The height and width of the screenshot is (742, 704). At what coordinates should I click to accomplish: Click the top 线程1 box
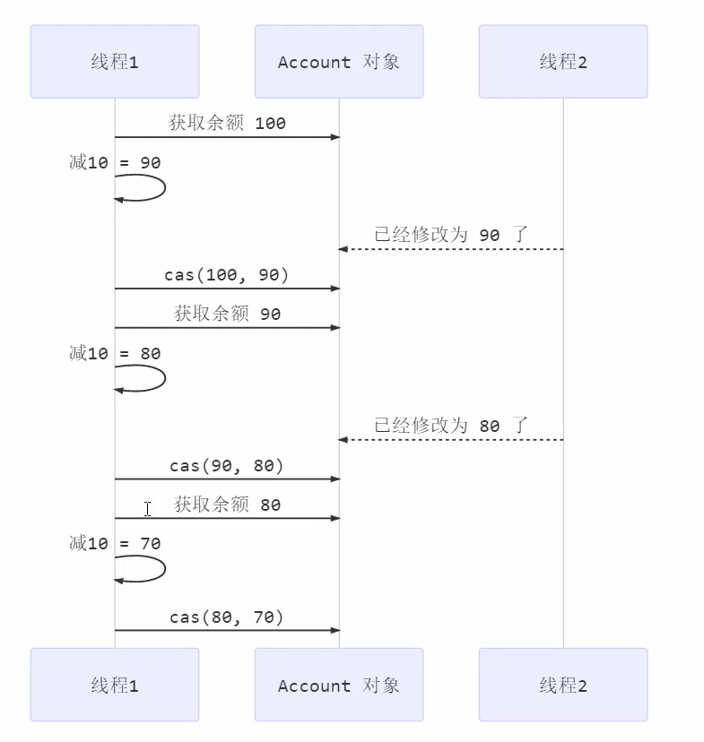[x=115, y=62]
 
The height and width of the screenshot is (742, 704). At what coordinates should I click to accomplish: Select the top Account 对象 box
[x=339, y=62]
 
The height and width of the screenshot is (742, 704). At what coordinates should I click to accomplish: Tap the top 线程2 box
[x=563, y=62]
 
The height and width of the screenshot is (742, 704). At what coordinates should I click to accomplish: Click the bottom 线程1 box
[x=115, y=686]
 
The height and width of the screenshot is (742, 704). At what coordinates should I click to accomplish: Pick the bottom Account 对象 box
[x=339, y=686]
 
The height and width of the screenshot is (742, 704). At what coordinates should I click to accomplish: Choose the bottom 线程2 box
[x=563, y=686]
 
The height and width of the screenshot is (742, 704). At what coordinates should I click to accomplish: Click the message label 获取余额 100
[x=227, y=123]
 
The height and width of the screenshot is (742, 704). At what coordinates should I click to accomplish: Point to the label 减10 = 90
[x=115, y=162]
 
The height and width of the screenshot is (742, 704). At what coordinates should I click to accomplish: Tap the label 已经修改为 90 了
[x=451, y=235]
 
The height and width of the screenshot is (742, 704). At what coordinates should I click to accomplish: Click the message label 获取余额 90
[x=227, y=314]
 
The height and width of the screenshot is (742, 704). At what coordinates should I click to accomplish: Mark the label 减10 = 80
[x=115, y=353]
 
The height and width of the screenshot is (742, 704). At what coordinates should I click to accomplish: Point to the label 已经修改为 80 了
[x=451, y=425]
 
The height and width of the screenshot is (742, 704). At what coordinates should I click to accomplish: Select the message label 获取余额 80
[x=227, y=505]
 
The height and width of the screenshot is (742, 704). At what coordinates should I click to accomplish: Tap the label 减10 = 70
[x=115, y=543]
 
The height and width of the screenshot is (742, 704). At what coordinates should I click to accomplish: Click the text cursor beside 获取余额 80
[x=147, y=508]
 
